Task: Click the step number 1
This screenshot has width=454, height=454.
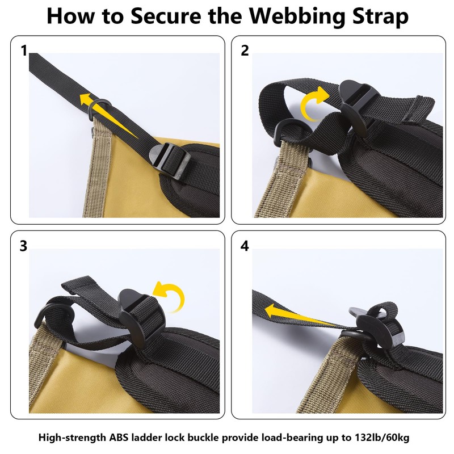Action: [x=24, y=51]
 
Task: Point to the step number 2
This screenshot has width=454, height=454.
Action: [x=245, y=51]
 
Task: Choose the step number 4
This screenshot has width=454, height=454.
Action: [x=245, y=246]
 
